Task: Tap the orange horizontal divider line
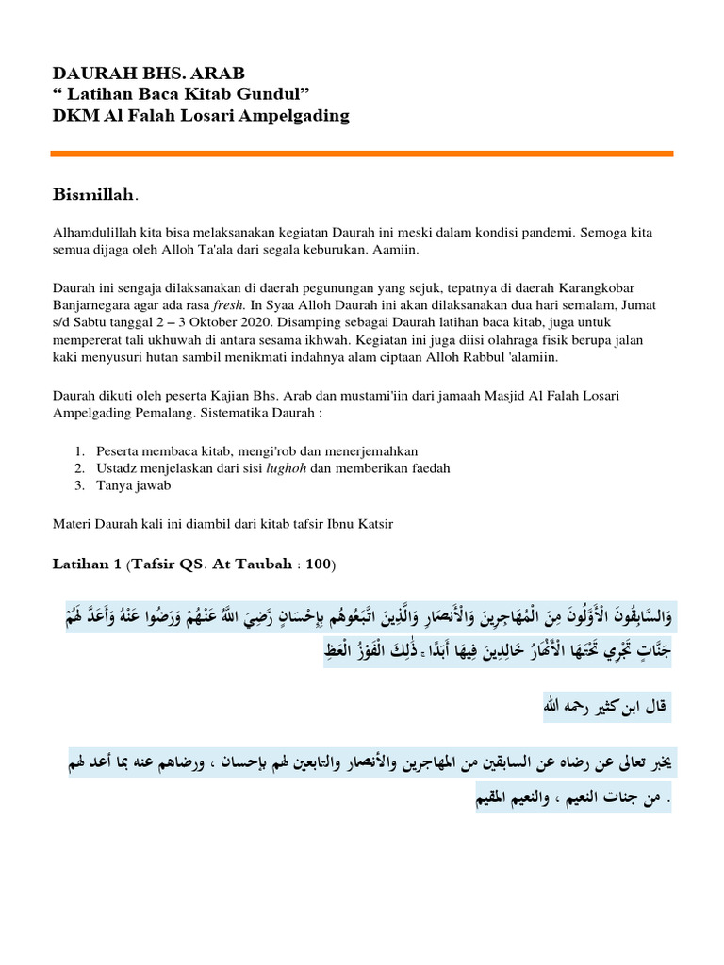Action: (x=362, y=153)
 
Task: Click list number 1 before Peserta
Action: (x=80, y=451)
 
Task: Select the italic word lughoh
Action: (x=284, y=468)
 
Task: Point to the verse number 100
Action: (x=318, y=564)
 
